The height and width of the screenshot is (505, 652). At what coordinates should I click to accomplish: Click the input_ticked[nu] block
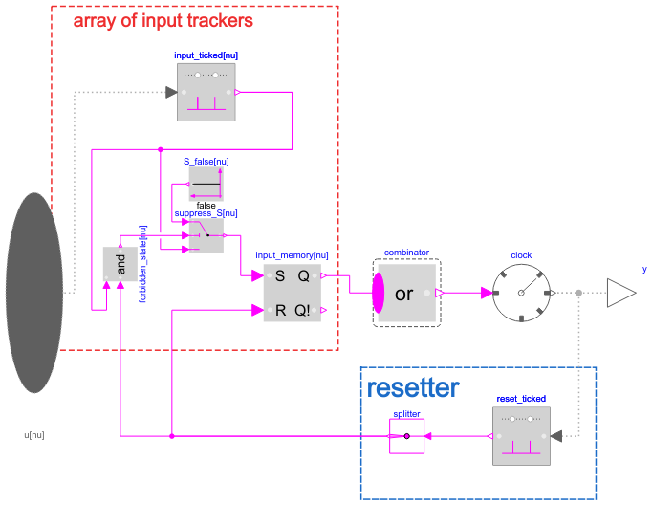coord(206,93)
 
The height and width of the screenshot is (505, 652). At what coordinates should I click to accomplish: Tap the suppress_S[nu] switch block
coord(206,234)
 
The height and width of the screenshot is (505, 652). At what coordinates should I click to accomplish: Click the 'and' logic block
coord(120,264)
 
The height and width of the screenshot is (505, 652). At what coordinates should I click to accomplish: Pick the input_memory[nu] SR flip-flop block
coord(293,293)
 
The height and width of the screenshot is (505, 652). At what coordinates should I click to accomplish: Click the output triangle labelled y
coord(619,293)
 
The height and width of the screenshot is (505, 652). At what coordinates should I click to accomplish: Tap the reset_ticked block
coord(521,436)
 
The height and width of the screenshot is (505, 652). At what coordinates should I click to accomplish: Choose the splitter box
coord(406,436)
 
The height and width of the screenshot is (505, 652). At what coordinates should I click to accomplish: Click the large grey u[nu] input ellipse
coord(34,293)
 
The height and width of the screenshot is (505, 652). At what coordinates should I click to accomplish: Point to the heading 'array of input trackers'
coord(163,20)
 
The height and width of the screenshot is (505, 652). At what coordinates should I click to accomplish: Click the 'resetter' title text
coord(413,388)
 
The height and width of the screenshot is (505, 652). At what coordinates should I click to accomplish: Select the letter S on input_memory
coord(280,276)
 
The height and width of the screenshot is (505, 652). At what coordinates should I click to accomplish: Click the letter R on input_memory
coord(280,310)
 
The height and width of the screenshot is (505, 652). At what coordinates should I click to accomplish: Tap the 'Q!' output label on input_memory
coord(305,310)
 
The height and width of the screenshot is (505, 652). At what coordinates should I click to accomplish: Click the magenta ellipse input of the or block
coord(377,293)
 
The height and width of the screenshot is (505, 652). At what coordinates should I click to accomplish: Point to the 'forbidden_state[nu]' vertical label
coord(142,264)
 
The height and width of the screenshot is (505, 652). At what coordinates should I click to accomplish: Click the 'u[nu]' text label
coord(33,434)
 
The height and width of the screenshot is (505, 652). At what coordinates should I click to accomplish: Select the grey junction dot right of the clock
coord(578,293)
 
